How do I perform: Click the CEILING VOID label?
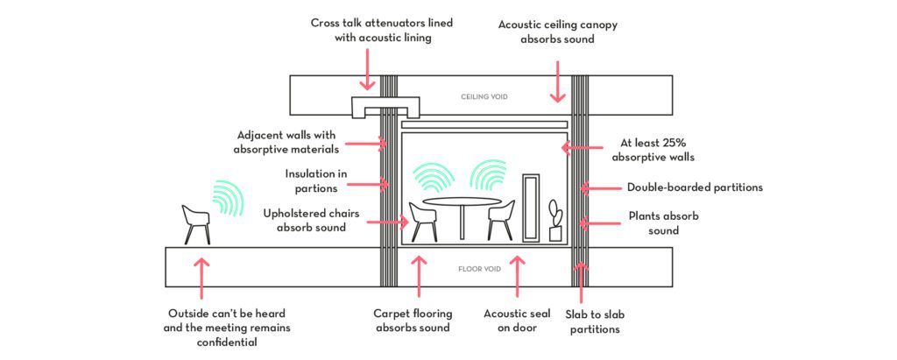[x=484, y=96]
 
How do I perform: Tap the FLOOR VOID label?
[x=481, y=269]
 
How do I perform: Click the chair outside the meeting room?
[x=195, y=224]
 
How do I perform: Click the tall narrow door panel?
[x=529, y=208]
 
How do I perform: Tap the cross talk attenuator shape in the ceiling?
[x=385, y=107]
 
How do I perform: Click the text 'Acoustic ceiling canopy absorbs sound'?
[x=558, y=32]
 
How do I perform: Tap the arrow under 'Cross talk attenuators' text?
[x=367, y=69]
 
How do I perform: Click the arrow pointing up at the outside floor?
[x=202, y=278]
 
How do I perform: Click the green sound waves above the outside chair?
[x=226, y=198]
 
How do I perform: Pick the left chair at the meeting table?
[x=423, y=221]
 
